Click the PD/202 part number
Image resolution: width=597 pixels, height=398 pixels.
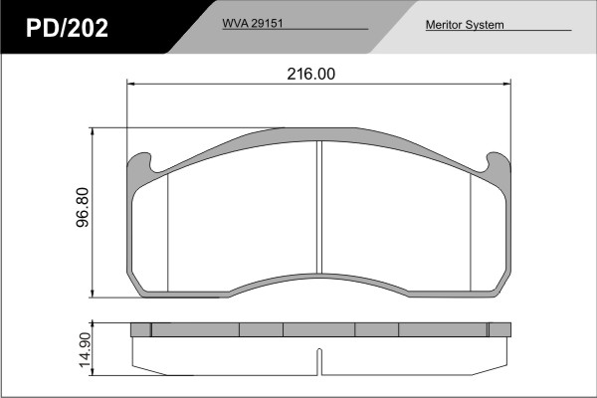coord(67,28)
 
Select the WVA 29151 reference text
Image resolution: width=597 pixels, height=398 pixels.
coord(253,23)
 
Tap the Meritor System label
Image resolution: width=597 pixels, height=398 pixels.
coord(465,25)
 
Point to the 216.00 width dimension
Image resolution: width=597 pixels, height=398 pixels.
coord(311,74)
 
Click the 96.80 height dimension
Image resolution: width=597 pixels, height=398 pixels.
coord(83,208)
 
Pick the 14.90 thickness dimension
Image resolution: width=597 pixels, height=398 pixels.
coord(84,350)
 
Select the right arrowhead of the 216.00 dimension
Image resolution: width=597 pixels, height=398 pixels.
coord(506,84)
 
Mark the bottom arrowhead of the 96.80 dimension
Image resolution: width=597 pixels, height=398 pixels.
coord(93,294)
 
